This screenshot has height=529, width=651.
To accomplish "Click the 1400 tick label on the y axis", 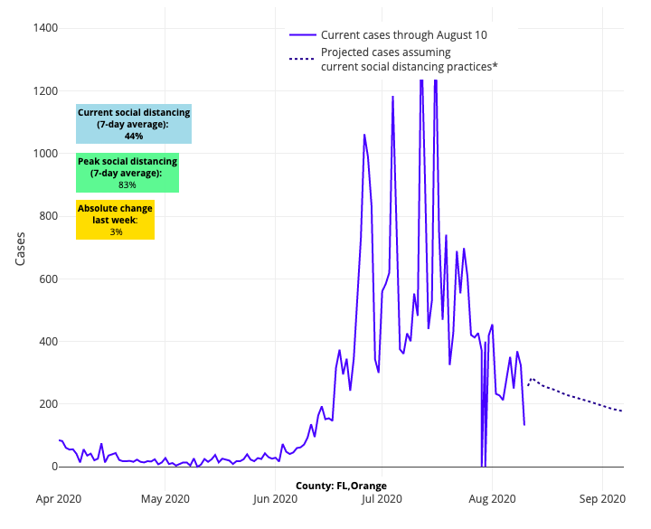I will pyautogui.click(x=43, y=28).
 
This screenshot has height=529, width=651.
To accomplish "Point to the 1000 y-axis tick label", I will pyautogui.click(x=43, y=154).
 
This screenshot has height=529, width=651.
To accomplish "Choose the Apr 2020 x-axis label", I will pyautogui.click(x=60, y=498).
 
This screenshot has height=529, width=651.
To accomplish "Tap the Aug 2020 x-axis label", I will pyautogui.click(x=492, y=498).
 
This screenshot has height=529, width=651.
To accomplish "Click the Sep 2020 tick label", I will pyautogui.click(x=602, y=498).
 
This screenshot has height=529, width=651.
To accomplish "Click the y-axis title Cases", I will pyautogui.click(x=21, y=247).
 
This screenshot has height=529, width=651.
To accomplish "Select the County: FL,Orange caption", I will pyautogui.click(x=341, y=486).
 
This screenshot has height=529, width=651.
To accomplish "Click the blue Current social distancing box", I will pyautogui.click(x=134, y=124).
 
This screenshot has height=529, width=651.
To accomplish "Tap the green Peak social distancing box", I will pyautogui.click(x=127, y=173).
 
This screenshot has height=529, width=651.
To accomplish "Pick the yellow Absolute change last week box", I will pyautogui.click(x=115, y=220).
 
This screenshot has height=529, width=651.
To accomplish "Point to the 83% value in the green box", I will pyautogui.click(x=127, y=184).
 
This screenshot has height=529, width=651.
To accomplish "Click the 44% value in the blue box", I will pyautogui.click(x=134, y=136).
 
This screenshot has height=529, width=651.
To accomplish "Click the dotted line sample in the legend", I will pyautogui.click(x=302, y=60).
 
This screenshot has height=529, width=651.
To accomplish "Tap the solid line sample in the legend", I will pyautogui.click(x=302, y=34).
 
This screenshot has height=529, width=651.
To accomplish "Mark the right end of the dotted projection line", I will pyautogui.click(x=623, y=411).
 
